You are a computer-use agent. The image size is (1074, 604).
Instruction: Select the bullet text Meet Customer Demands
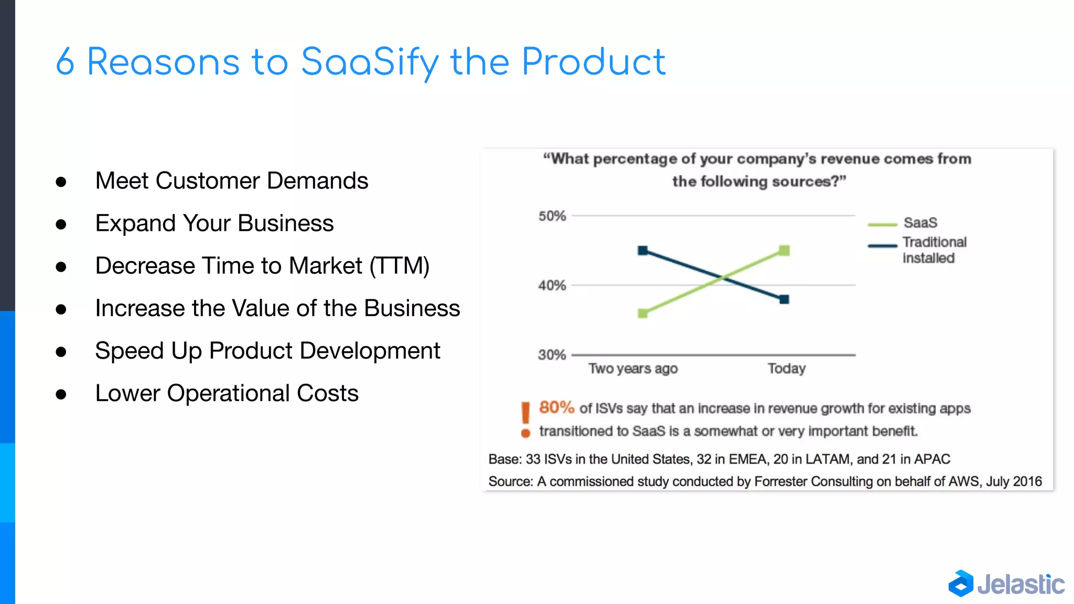(x=231, y=181)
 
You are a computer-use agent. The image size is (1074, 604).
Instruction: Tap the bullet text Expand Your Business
(x=214, y=223)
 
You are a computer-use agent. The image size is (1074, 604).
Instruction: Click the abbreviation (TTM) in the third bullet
(x=400, y=266)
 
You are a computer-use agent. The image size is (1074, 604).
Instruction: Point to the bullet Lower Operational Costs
(x=227, y=393)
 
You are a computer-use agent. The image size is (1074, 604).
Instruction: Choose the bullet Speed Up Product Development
(x=267, y=351)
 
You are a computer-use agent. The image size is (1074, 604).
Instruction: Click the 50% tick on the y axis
(x=552, y=216)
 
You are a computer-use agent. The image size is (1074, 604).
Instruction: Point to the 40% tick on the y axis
(x=552, y=286)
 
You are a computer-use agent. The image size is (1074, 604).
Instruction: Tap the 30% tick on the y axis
(x=552, y=355)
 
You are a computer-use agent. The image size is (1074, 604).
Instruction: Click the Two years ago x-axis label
(x=633, y=369)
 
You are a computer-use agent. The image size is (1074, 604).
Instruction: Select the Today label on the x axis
(x=786, y=369)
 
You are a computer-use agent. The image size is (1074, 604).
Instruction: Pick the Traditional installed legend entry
(x=933, y=250)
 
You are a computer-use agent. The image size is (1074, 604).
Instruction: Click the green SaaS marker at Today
(x=784, y=251)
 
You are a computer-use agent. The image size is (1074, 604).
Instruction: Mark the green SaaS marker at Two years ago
(x=642, y=314)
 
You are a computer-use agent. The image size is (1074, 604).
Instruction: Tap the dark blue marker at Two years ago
(x=642, y=251)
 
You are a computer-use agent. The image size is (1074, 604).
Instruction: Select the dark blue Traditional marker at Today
(x=784, y=299)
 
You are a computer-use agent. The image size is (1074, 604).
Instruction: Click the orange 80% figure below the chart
(x=556, y=407)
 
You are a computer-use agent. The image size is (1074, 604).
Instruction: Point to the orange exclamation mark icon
(x=525, y=419)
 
